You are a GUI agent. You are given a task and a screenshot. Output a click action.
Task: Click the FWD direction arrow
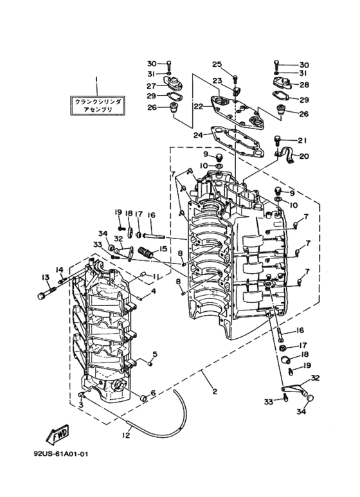click(x=58, y=433)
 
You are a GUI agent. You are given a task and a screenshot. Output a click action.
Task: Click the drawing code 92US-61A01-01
click(x=61, y=454)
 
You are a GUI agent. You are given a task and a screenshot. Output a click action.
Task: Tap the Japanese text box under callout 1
click(x=98, y=105)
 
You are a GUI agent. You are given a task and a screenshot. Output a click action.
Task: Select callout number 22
click(x=199, y=107)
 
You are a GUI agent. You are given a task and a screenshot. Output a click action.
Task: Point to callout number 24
click(x=199, y=135)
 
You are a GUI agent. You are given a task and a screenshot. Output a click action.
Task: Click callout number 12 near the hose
click(x=126, y=435)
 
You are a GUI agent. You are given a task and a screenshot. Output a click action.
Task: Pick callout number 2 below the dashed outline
click(x=215, y=392)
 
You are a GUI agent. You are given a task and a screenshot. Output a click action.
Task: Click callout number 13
click(x=45, y=277)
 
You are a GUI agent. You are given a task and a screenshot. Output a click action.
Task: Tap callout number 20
click(x=304, y=156)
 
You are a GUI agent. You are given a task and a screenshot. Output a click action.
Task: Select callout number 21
click(x=303, y=140)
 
